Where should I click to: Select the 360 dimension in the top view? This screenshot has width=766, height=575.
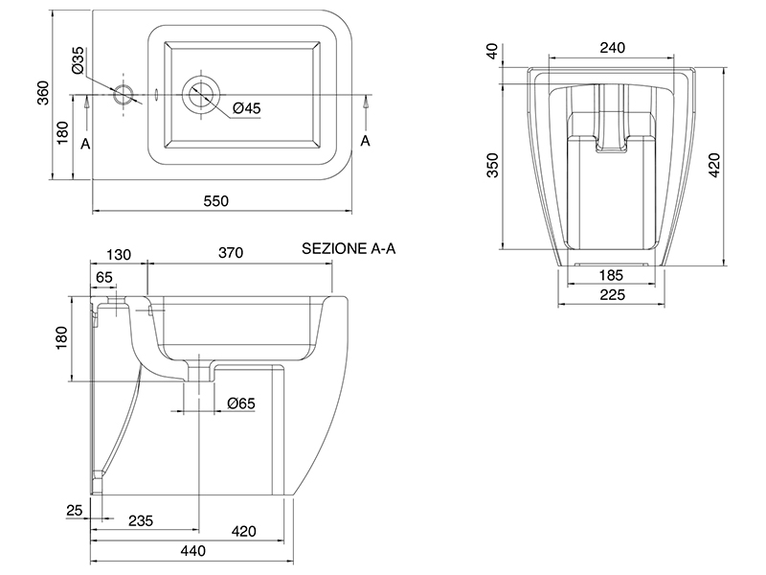click(x=42, y=93)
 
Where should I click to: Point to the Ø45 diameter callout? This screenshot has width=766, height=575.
click(x=246, y=108)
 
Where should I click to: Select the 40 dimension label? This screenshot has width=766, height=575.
click(x=493, y=51)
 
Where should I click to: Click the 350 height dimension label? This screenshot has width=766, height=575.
click(x=493, y=165)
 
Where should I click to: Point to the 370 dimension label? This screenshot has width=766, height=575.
click(x=230, y=253)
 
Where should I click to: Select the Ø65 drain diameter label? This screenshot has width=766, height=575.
click(x=240, y=404)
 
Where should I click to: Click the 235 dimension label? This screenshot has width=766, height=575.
click(x=141, y=521)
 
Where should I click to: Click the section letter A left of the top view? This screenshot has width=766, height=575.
click(x=85, y=143)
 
